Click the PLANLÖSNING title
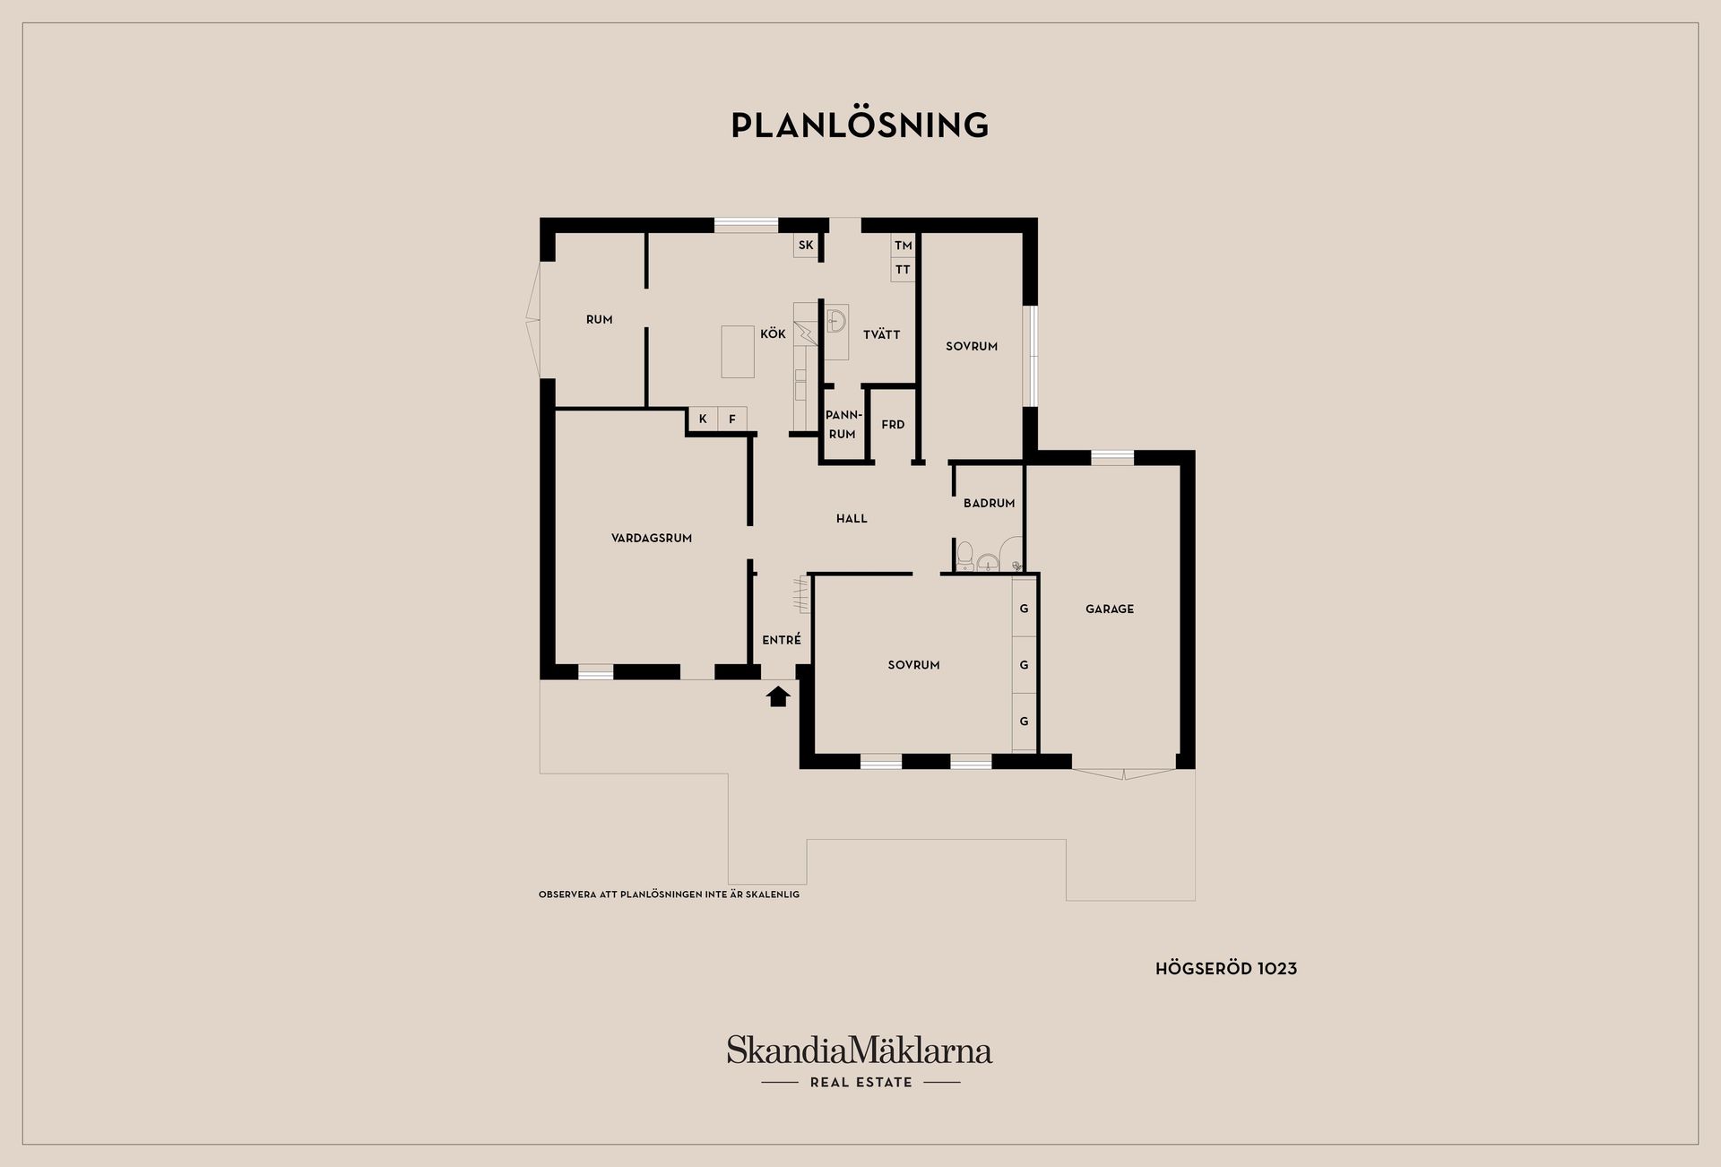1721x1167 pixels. [x=860, y=125]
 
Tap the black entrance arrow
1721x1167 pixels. [x=778, y=696]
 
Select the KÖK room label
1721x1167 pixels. [x=773, y=334]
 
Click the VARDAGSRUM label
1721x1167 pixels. [x=652, y=539]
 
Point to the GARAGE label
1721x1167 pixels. [x=1110, y=609]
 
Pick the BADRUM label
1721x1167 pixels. [x=990, y=504]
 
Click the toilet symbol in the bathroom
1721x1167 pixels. [x=965, y=556]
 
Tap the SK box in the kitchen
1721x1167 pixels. [x=806, y=246]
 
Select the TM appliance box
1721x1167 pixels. [x=903, y=246]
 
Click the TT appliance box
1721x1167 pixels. [x=903, y=270]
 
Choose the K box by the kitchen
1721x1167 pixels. [x=703, y=419]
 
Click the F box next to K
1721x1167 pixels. [x=732, y=419]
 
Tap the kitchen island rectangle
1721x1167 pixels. [x=738, y=351]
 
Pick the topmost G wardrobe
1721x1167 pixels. [x=1024, y=609]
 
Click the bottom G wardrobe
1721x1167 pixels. [x=1024, y=722]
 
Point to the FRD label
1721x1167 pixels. [x=893, y=425]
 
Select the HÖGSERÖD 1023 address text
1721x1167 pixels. [x=1226, y=969]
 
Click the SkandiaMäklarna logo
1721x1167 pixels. [x=860, y=1062]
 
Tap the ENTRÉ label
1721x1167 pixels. [x=782, y=640]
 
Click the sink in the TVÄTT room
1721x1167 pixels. [x=836, y=320]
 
